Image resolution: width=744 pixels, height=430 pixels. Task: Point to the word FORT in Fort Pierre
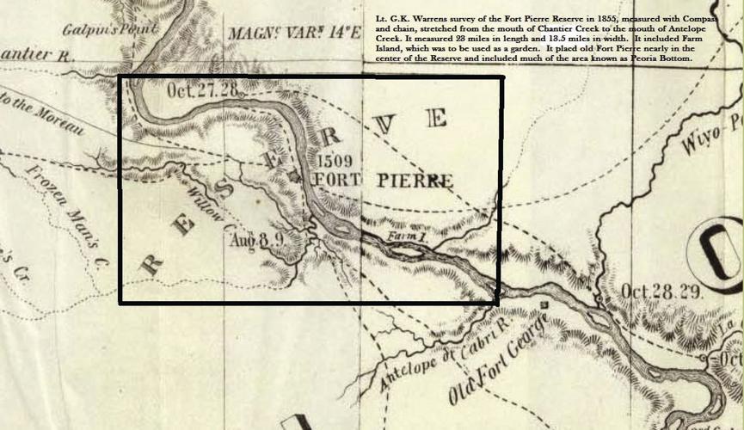point(341,180)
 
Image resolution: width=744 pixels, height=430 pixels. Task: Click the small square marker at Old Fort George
point(544,304)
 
